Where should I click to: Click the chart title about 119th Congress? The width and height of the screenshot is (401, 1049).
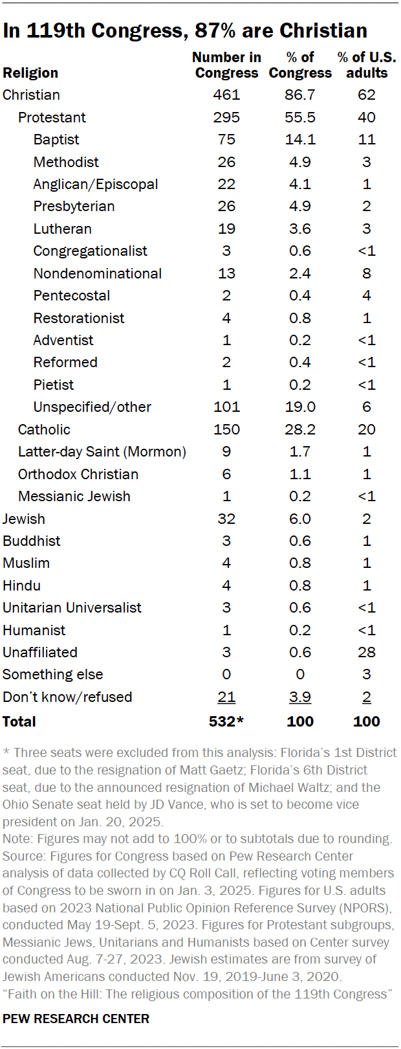pos(185,30)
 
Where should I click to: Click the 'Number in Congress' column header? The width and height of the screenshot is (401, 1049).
pos(226,65)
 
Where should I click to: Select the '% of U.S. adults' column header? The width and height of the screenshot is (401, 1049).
pos(366,65)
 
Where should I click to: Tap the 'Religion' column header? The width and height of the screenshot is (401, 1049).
pos(30,73)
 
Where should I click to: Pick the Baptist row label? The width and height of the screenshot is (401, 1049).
pos(56,139)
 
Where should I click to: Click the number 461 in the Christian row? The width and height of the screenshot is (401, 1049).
pos(226,95)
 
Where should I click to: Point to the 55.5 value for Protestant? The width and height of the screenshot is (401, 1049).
pos(300,117)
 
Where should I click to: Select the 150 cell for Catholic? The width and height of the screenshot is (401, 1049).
pos(226,429)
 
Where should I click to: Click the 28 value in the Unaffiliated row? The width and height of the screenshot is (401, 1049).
pos(366,652)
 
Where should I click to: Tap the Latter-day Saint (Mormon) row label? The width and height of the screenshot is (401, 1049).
pos(102,451)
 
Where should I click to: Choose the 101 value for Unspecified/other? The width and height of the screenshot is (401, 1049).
pos(226,407)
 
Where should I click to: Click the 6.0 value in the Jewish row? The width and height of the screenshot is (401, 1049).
pos(300,519)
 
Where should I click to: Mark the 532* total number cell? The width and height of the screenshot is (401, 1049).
pos(226,721)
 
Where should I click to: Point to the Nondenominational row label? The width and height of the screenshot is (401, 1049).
pos(98,273)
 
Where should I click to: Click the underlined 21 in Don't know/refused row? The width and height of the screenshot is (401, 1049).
pos(226,697)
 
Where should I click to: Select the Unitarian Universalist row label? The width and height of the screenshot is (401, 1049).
pos(72,607)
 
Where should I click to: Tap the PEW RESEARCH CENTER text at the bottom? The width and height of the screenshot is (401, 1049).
pos(76,1019)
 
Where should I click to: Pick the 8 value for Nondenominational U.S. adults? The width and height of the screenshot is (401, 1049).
pos(366,273)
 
